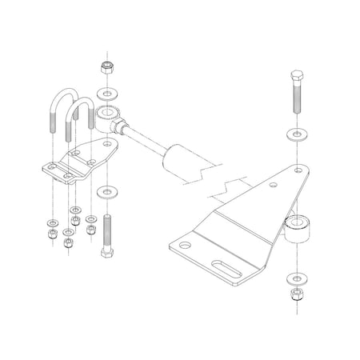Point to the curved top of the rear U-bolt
(64, 99)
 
